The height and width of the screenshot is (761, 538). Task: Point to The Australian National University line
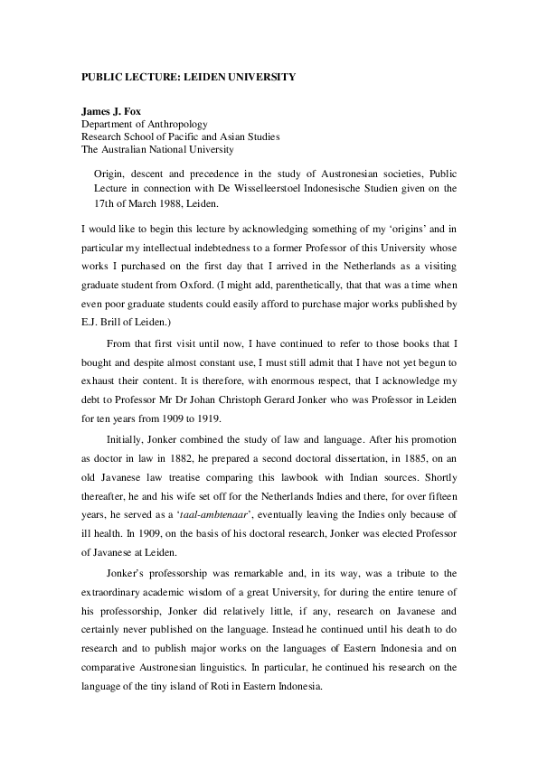click(x=157, y=149)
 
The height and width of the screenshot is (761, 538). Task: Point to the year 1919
click(x=228, y=395)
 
